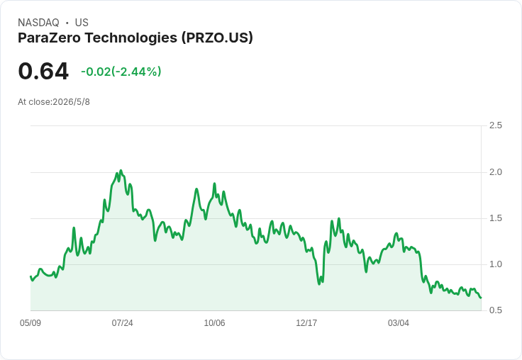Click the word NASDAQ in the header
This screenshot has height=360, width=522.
(38, 23)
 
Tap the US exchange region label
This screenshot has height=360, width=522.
(82, 23)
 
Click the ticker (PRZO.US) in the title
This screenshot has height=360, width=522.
(217, 38)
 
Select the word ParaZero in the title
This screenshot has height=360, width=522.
(49, 38)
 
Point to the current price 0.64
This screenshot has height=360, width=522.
(43, 71)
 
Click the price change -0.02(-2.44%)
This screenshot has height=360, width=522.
(121, 72)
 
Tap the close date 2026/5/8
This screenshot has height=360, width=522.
(71, 102)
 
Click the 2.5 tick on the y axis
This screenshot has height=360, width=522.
(495, 125)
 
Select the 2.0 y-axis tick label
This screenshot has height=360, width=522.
(495, 172)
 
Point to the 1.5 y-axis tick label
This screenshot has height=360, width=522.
(495, 218)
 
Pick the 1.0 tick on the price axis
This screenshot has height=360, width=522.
(495, 264)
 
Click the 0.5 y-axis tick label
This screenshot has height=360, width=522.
(495, 310)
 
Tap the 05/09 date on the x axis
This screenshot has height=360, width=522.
(30, 323)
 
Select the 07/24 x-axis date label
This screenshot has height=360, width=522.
(122, 323)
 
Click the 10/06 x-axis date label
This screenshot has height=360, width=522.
(214, 323)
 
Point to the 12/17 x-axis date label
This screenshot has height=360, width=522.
(306, 323)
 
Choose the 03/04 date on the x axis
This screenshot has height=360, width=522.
(399, 323)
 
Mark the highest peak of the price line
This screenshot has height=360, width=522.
(121, 171)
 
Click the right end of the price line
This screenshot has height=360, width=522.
(481, 298)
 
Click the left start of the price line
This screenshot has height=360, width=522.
(30, 276)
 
